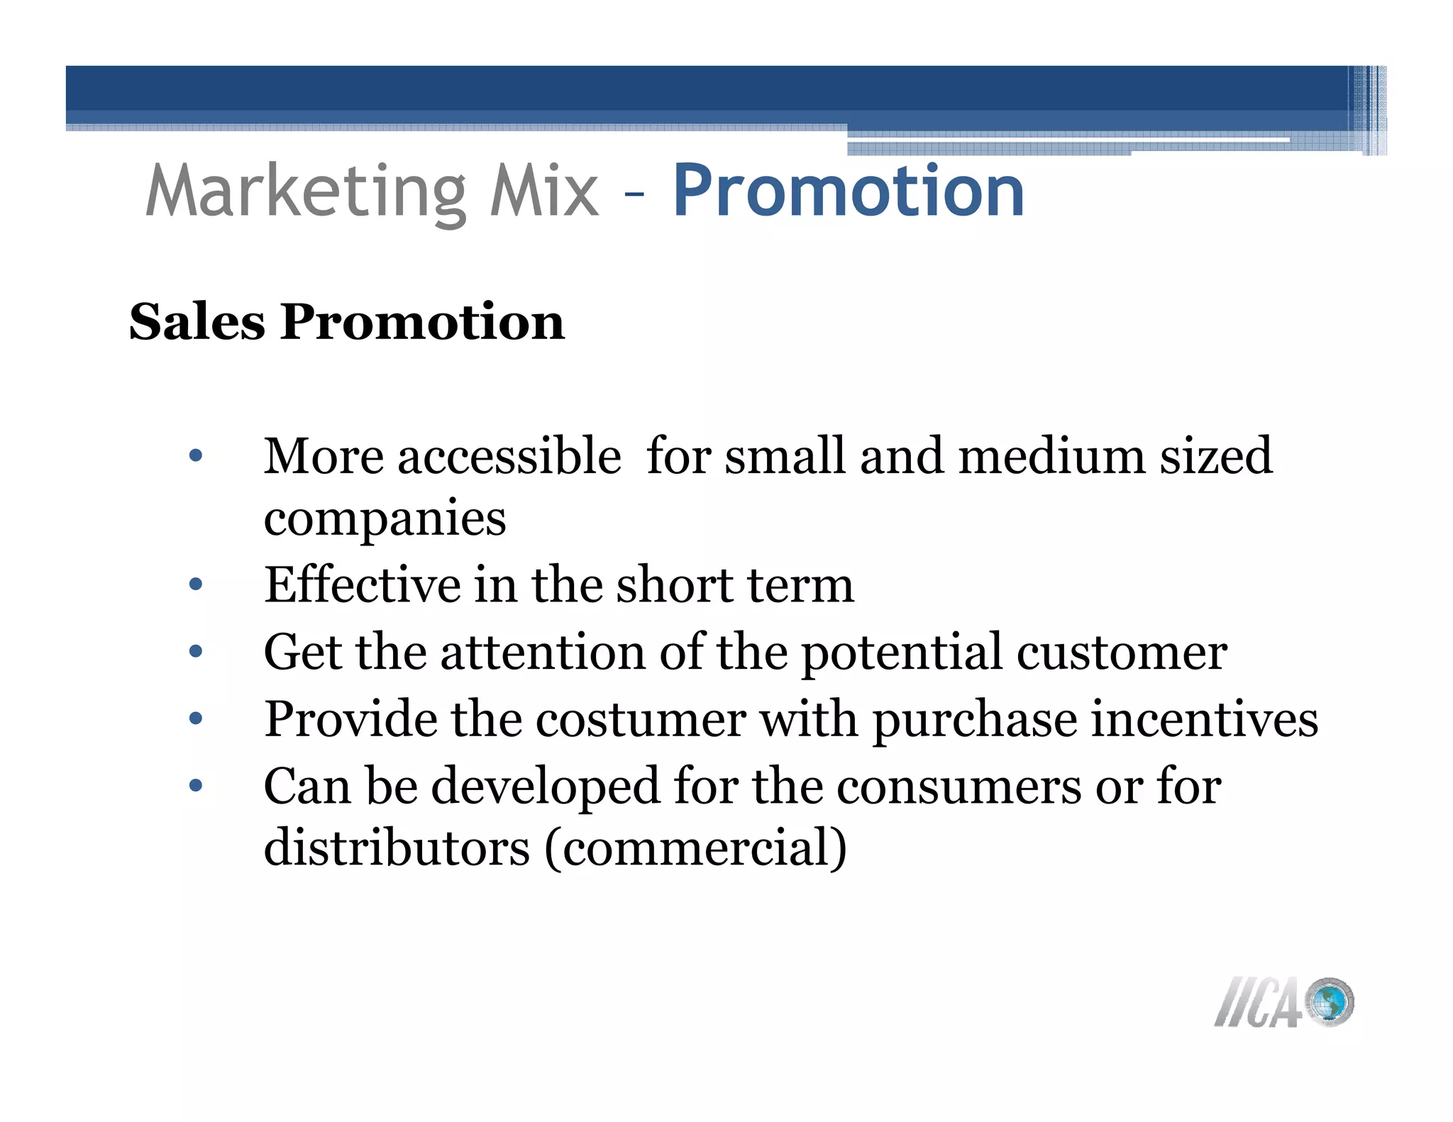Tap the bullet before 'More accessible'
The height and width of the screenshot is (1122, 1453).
coord(196,456)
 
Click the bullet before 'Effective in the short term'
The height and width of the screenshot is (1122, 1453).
coord(196,585)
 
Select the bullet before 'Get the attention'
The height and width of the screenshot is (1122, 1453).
coord(196,652)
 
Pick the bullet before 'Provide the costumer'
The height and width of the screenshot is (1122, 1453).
coord(196,719)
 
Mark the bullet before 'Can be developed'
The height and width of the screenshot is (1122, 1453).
coord(196,786)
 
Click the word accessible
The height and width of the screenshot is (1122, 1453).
coord(509,455)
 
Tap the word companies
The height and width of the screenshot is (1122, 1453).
coord(385,519)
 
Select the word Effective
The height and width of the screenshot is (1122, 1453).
coord(363,585)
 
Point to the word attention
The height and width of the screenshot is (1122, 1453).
coord(543,652)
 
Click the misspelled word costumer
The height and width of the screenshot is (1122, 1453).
coord(641,719)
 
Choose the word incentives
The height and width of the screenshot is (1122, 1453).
coord(1204,719)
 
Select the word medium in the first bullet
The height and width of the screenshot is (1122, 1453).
coord(1051,455)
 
